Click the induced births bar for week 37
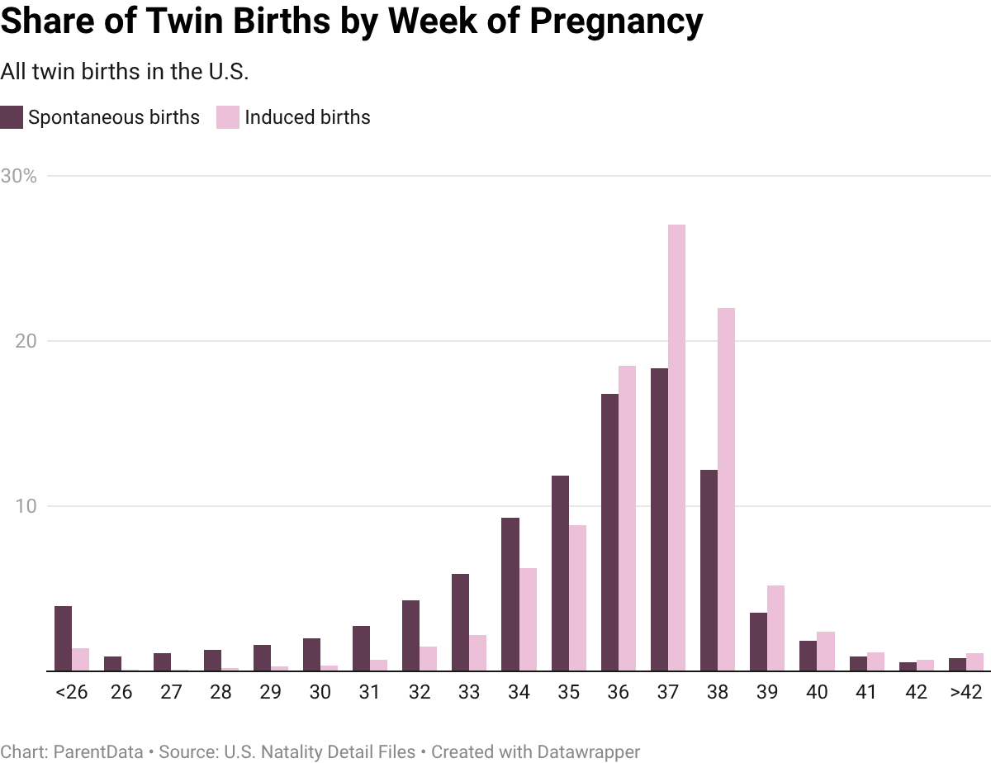coord(676,447)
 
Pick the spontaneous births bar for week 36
coord(609,532)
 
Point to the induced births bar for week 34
coord(528,618)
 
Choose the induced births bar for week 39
coord(775,628)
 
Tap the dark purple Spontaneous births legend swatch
coord(12,117)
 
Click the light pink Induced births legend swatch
coord(228,117)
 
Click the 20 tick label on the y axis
coord(26,342)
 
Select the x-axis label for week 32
coord(419,693)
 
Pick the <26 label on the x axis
coord(71,693)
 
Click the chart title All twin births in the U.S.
coord(124,73)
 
